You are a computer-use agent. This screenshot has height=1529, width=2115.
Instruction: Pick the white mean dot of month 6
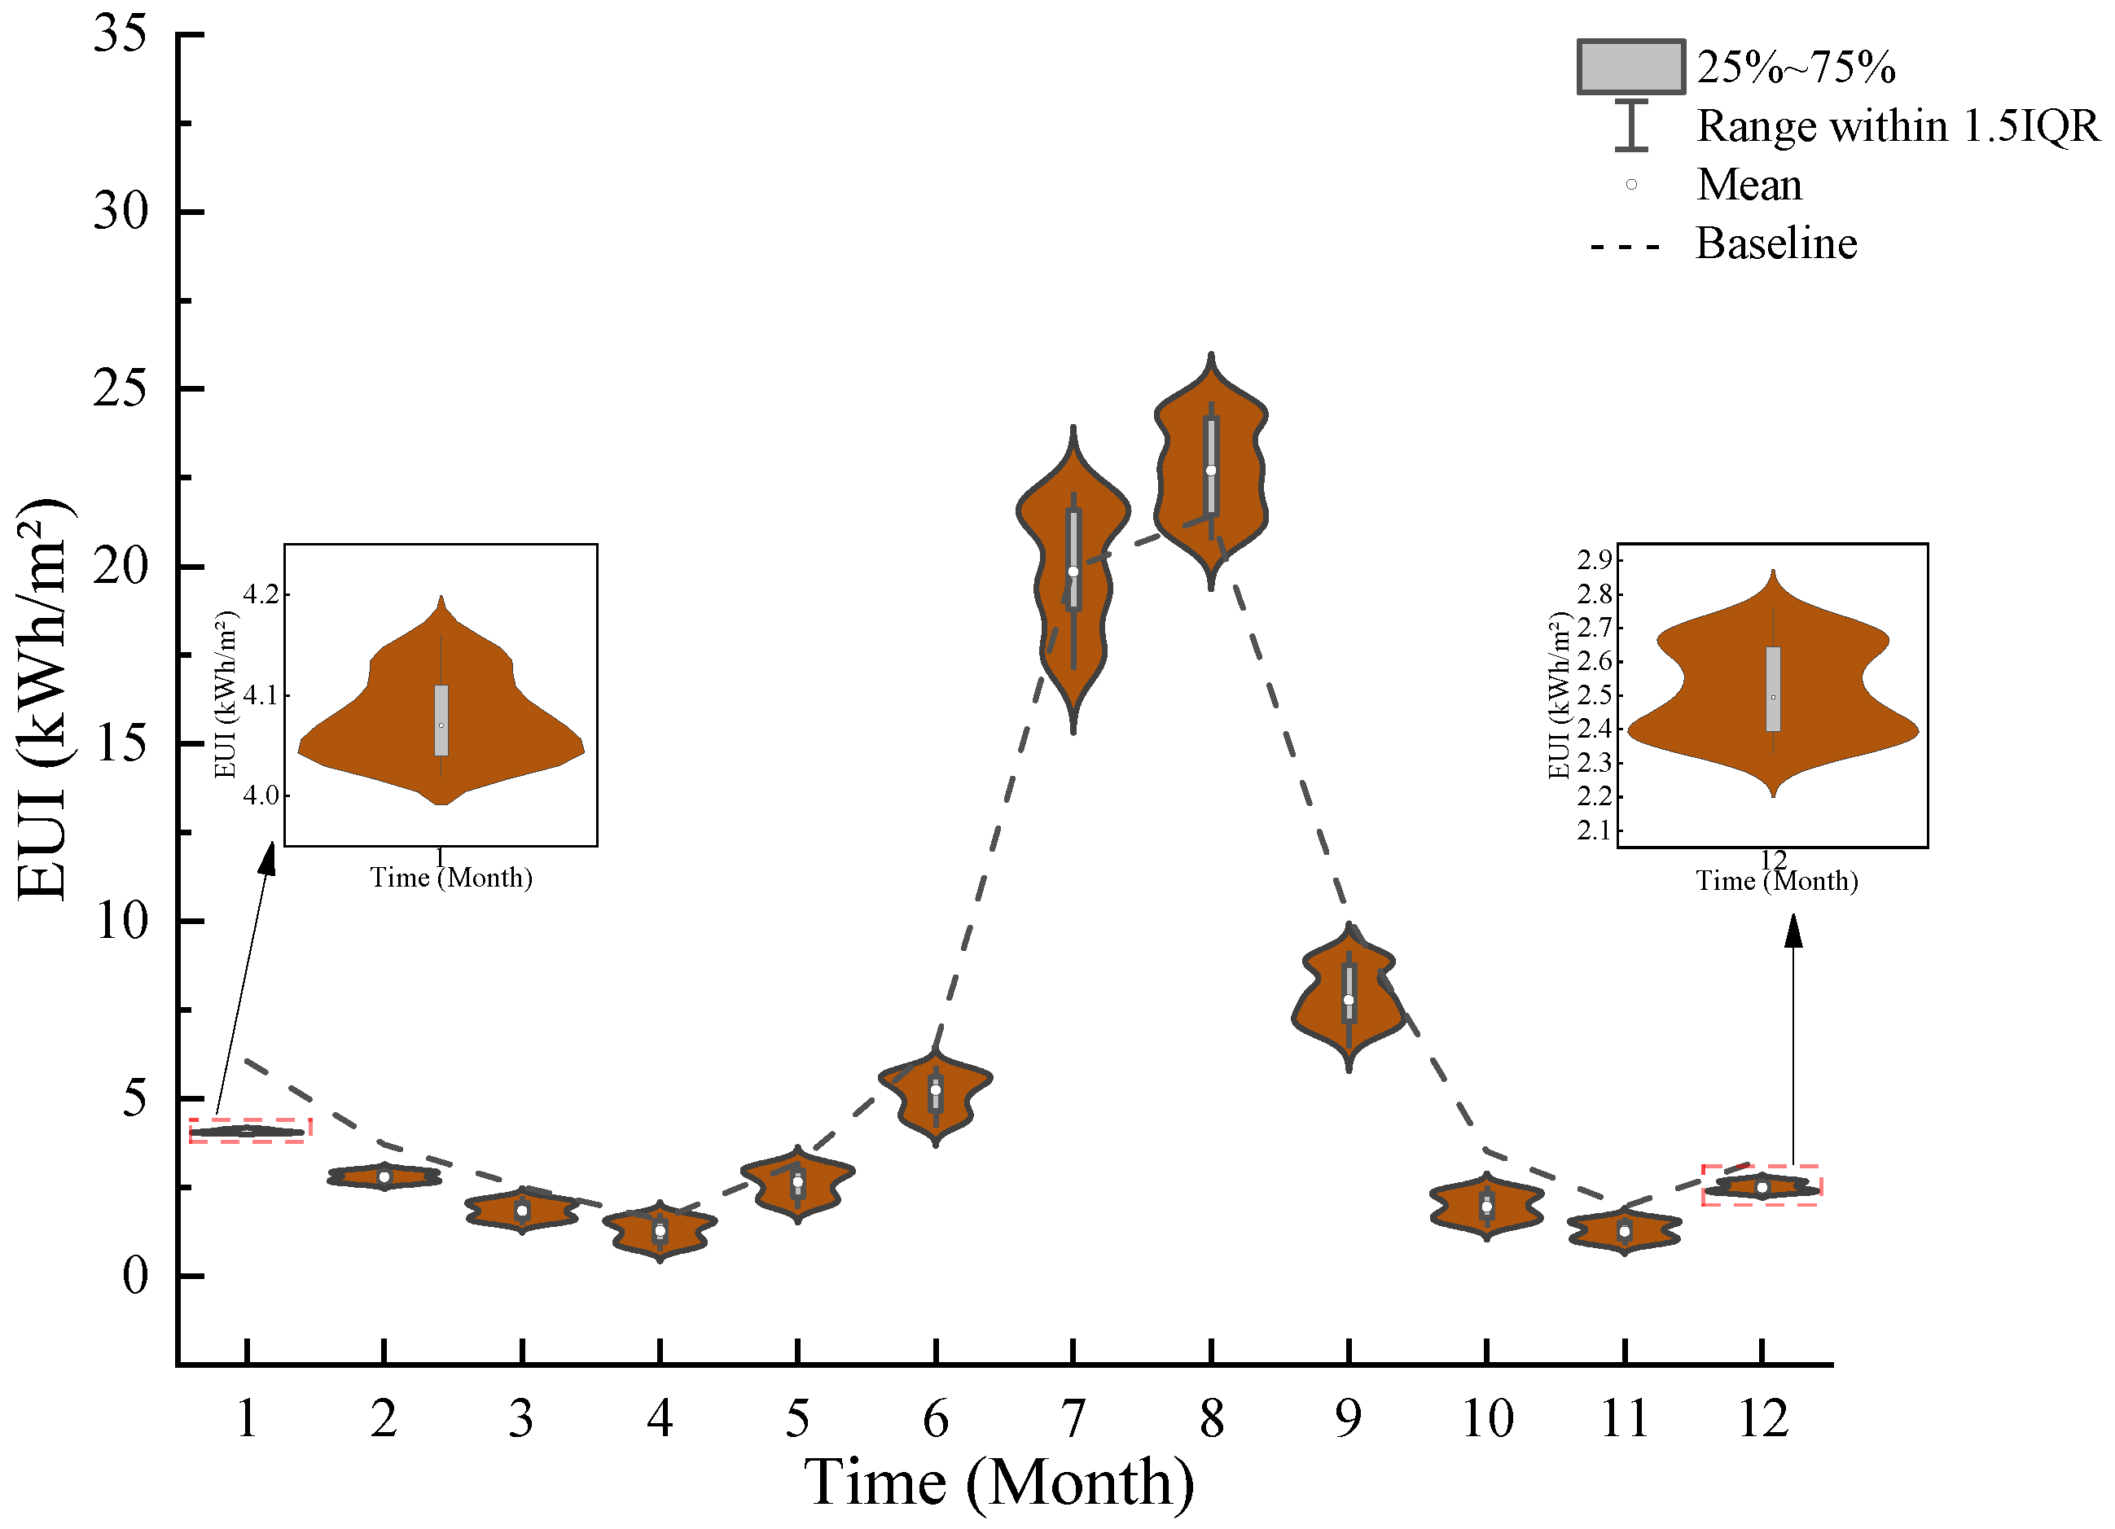coord(935,1090)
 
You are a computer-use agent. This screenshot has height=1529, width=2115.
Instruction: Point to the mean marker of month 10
coord(1486,1207)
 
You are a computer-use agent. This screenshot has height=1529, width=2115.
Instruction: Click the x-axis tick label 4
coord(660,1419)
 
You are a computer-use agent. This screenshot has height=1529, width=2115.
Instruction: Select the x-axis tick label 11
coord(1625,1419)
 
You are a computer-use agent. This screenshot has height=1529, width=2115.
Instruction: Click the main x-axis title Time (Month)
coord(998,1483)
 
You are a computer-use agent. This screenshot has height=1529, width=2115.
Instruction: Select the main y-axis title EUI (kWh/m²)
coord(44,699)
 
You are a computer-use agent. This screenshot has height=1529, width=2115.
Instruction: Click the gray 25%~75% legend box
coord(1630,67)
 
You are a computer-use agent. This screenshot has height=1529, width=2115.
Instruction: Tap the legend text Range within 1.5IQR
coord(1897,126)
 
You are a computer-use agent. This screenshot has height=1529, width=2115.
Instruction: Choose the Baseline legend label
coord(1775,243)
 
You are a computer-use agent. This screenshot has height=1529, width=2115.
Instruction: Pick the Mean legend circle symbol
coord(1631,185)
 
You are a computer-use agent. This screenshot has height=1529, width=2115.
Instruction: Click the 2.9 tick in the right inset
coord(1594,559)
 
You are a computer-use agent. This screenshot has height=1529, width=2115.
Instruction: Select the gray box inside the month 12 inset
coord(1773,689)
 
